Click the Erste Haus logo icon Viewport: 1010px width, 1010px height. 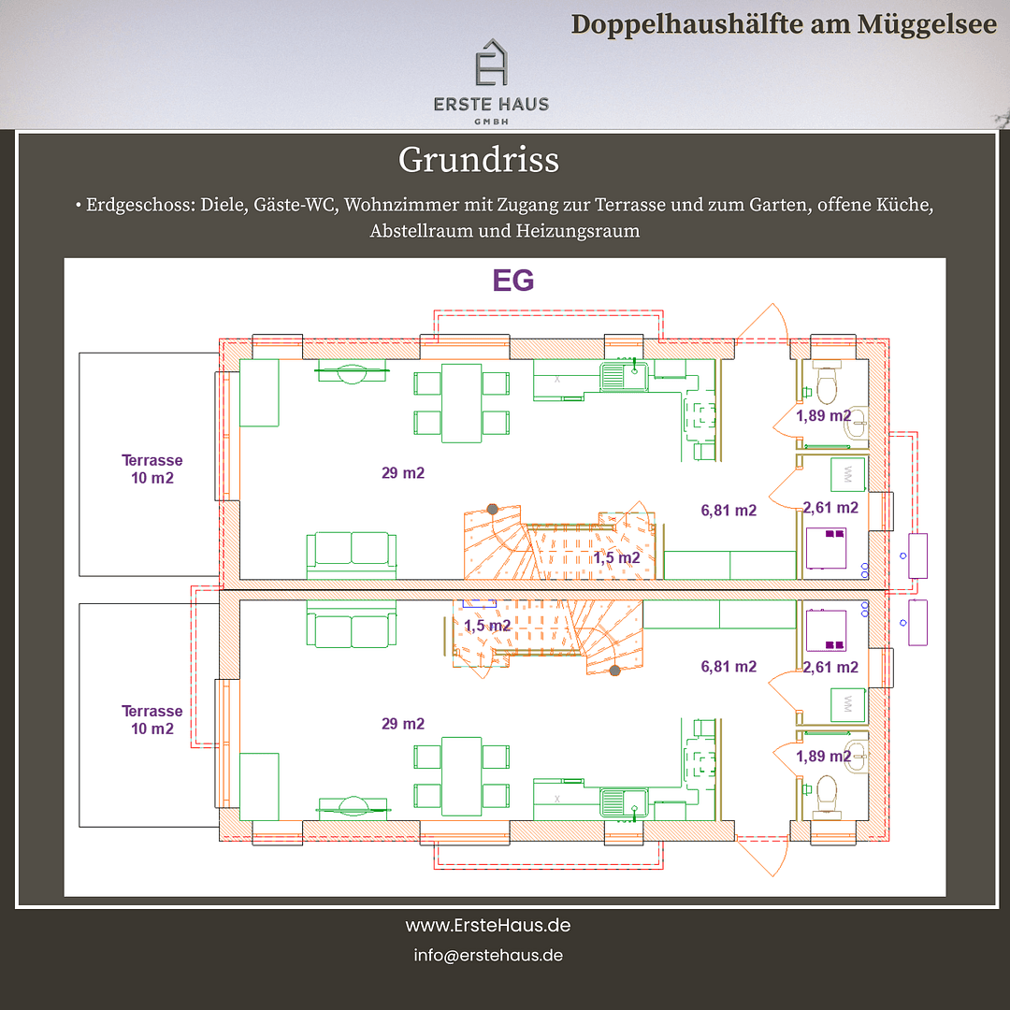click(491, 64)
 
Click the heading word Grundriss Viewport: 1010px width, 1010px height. click(479, 160)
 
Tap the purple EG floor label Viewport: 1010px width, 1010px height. click(513, 281)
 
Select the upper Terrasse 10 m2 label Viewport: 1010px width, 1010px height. click(151, 469)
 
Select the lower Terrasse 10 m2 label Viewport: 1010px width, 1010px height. click(151, 719)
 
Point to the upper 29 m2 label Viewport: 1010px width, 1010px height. click(403, 473)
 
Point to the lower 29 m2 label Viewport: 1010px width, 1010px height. click(403, 724)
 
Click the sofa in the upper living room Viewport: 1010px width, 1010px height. click(352, 554)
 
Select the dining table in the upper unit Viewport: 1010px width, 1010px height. click(461, 402)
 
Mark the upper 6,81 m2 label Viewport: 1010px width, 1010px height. click(729, 511)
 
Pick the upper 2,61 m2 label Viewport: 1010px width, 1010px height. click(830, 508)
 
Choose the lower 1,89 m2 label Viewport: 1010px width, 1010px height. click(823, 756)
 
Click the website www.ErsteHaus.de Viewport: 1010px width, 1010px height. click(488, 926)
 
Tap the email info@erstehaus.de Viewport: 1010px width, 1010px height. click(488, 956)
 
